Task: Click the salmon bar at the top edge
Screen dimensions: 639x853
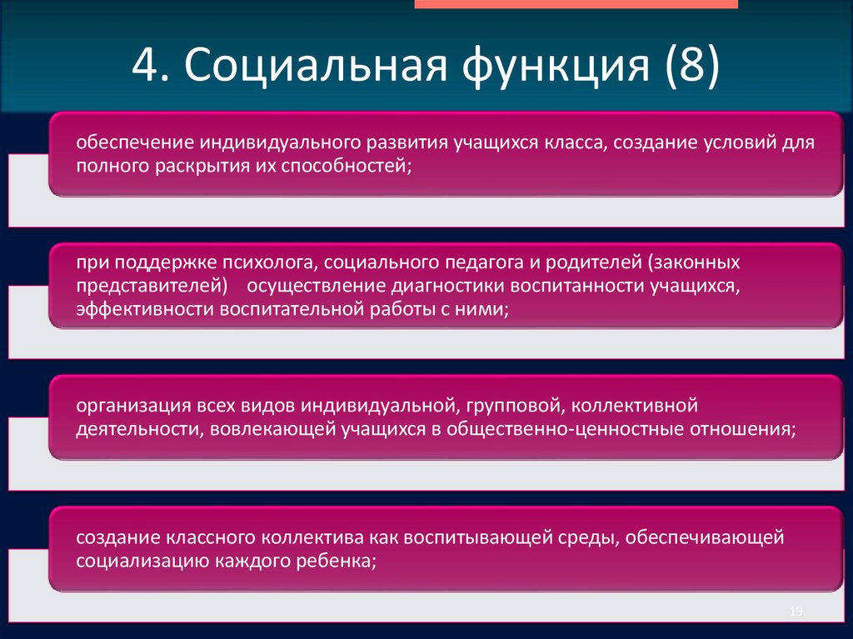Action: [x=576, y=4]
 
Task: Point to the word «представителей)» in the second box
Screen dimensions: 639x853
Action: [x=152, y=287]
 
